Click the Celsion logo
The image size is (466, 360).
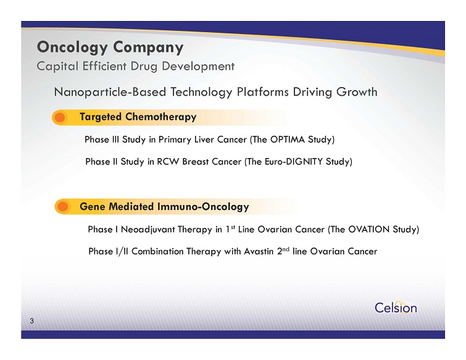point(396,307)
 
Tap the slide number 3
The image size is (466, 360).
point(32,321)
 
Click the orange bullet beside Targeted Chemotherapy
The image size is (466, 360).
point(60,117)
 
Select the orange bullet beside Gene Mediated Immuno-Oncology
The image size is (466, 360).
point(63,207)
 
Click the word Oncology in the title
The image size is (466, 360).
point(72,48)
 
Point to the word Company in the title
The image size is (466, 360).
point(148,48)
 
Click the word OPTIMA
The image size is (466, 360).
point(288,140)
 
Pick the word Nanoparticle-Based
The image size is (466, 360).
point(110,92)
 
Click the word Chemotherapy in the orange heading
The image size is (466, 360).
point(160,117)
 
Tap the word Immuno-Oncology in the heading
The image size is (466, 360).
point(203,207)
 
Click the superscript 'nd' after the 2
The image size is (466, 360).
point(286,249)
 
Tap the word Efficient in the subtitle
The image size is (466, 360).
point(104,66)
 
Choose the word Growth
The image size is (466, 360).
point(357,92)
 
